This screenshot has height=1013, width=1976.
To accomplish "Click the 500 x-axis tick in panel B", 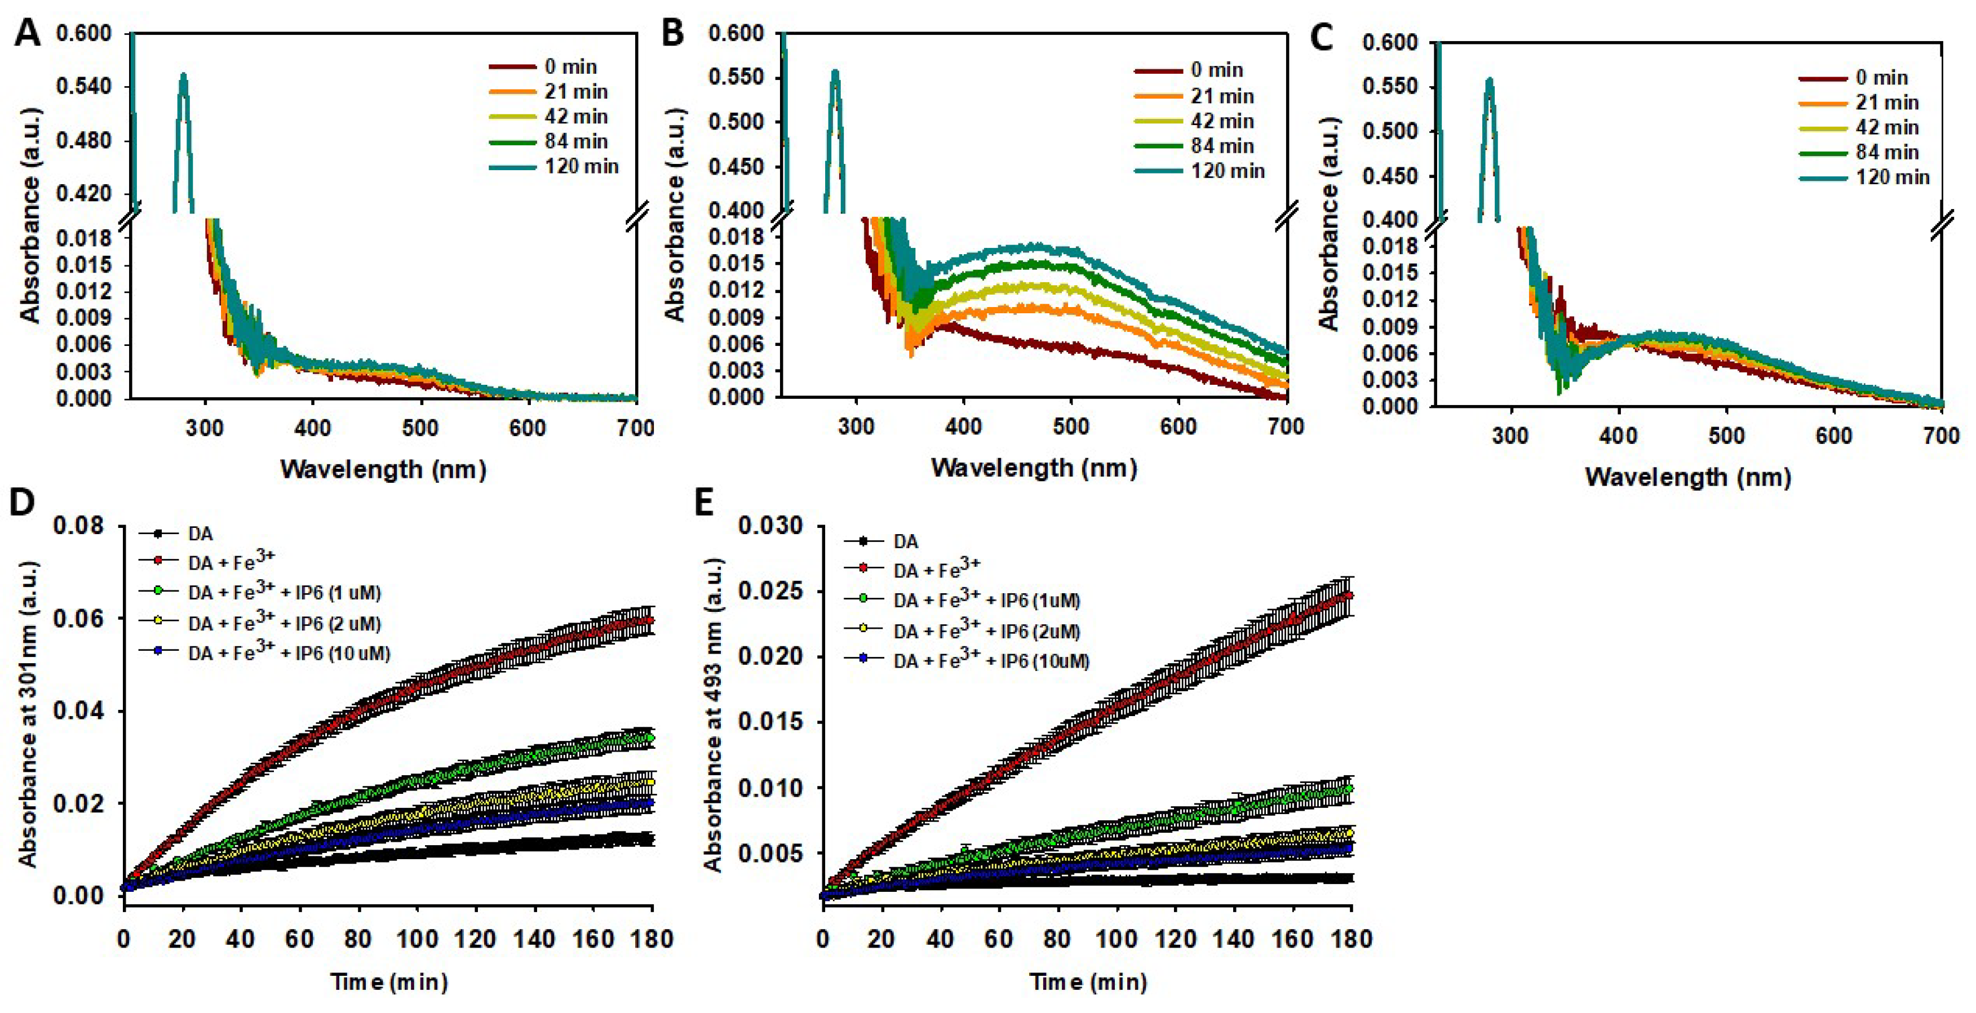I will pos(1071,427).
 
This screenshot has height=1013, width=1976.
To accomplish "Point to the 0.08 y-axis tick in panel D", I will pos(81,526).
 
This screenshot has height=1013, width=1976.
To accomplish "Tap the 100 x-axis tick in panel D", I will pos(417,939).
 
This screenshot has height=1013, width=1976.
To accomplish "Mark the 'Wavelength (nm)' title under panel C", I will pos(1687,477).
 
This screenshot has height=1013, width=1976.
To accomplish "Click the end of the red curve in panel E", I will pos(1349,595).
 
